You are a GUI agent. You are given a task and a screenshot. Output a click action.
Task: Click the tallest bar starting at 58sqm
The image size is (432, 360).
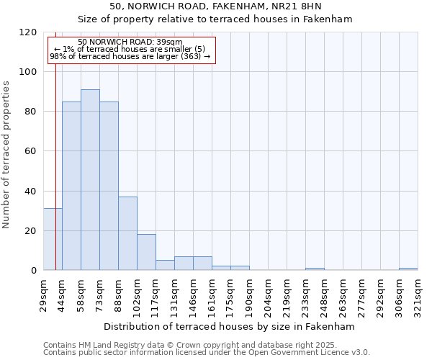(90, 180)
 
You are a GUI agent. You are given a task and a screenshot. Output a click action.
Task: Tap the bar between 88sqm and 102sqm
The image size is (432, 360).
(127, 233)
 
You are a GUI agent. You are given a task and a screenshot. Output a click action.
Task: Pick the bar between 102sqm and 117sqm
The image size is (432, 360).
(146, 252)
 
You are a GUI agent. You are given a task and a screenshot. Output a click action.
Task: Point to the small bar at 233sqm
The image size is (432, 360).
(315, 269)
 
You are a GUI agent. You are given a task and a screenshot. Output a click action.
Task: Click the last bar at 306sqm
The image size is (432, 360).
(408, 269)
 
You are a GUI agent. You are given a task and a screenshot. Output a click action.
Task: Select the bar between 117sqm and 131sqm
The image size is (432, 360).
(165, 265)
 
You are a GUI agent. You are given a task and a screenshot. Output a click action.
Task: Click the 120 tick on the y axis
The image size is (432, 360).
(28, 32)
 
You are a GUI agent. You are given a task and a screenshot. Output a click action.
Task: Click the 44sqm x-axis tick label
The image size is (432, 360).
(62, 294)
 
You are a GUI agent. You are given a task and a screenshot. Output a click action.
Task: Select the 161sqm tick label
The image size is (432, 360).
(212, 294)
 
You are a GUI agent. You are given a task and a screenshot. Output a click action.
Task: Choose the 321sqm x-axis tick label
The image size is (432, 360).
(418, 294)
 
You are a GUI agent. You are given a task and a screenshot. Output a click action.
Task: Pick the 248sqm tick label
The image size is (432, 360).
(324, 294)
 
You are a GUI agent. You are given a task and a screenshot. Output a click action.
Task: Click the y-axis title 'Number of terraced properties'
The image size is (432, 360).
(7, 155)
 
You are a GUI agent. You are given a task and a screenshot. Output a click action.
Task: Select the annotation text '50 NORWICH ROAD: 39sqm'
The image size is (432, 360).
(130, 42)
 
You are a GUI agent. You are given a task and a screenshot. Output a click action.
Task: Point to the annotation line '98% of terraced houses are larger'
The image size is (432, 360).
(130, 56)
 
